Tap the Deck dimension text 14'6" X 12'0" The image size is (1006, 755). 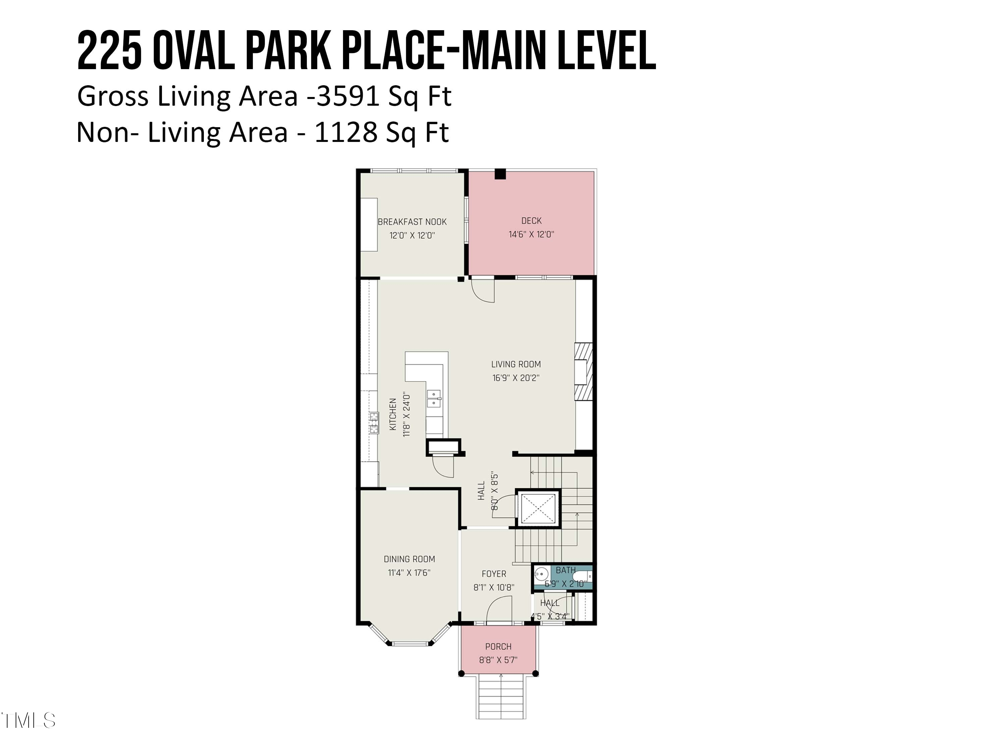(x=531, y=234)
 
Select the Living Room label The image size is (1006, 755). (x=516, y=364)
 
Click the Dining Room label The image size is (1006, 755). (x=409, y=559)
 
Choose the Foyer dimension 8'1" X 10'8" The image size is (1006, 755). (x=494, y=587)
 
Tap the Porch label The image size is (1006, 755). (x=498, y=646)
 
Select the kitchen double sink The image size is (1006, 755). (x=434, y=399)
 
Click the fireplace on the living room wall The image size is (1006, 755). (x=583, y=372)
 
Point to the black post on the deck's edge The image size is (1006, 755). (x=500, y=174)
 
